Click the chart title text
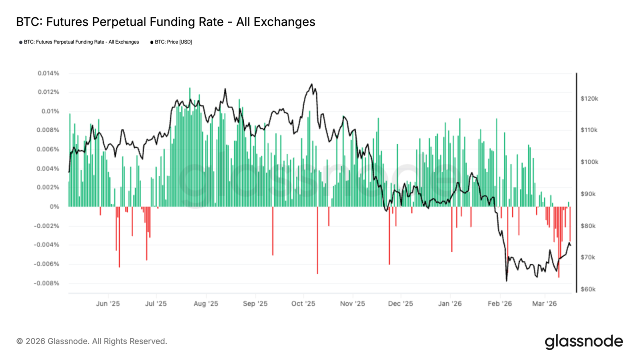[x=165, y=22]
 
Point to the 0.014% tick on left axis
[x=48, y=73]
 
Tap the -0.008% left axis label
[x=47, y=283]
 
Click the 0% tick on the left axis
[x=54, y=207]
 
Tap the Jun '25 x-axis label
[x=108, y=304]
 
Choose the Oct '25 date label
[x=303, y=304]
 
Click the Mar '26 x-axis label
[x=545, y=304]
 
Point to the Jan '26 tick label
[x=450, y=304]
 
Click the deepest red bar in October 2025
[x=317, y=240]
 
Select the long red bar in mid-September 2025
[x=273, y=231]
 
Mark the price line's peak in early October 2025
[x=312, y=84]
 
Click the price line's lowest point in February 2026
[x=506, y=281]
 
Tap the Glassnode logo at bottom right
[x=584, y=341]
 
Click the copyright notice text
[x=92, y=341]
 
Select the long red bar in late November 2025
[x=389, y=236]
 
